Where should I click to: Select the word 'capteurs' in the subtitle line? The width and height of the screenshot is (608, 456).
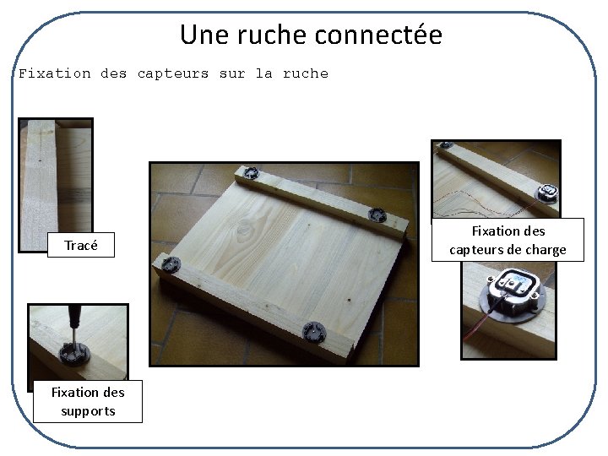(x=172, y=73)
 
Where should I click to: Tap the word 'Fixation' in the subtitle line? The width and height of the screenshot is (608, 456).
(x=54, y=73)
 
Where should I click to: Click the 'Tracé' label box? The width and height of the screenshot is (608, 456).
(x=81, y=246)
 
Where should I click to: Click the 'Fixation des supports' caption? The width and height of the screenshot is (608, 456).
(x=88, y=401)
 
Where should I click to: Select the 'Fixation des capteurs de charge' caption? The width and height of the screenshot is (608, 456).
(x=508, y=240)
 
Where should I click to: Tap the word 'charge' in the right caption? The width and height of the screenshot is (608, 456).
(x=545, y=250)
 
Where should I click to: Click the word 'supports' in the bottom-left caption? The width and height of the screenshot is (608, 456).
(x=88, y=411)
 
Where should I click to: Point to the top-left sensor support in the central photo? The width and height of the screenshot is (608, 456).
(x=250, y=174)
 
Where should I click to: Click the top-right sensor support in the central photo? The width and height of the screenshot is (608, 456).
(x=377, y=215)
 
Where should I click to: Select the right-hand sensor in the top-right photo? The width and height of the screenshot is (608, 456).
(x=548, y=192)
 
